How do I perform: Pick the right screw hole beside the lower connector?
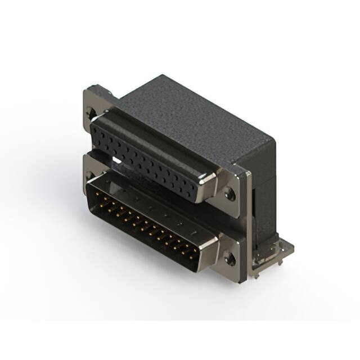tap(229, 259)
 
